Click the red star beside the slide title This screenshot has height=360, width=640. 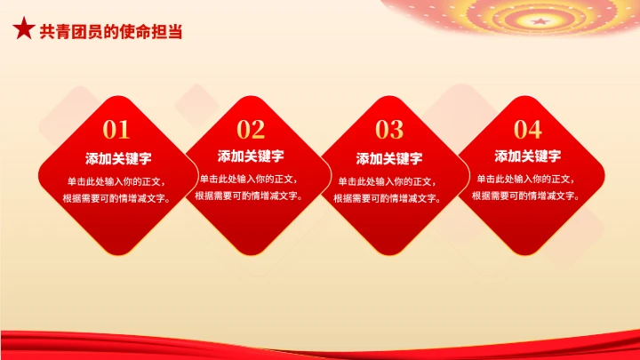[23, 30]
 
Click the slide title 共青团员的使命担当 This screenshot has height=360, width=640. [111, 31]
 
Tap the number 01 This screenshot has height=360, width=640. [116, 131]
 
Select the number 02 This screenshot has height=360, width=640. [251, 131]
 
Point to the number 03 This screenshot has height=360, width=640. [389, 131]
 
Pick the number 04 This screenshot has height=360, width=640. [527, 131]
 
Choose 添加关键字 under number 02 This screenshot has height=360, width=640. [251, 156]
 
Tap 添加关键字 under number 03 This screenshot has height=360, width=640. [389, 159]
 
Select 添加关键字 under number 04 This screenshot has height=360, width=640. [527, 156]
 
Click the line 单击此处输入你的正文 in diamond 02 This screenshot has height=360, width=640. [251, 179]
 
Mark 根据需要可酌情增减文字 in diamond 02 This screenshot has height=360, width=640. [251, 196]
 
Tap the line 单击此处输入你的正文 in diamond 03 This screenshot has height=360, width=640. [389, 181]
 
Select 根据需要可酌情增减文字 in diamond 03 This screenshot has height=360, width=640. [389, 198]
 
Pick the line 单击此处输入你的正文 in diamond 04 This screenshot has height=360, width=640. [527, 179]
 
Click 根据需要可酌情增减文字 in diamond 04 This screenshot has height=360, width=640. [527, 196]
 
